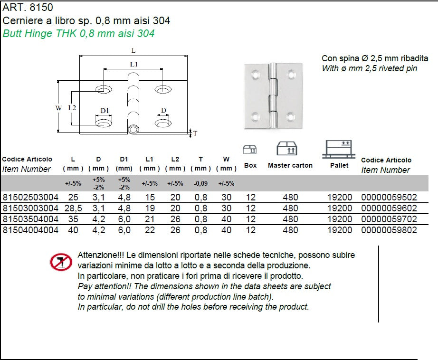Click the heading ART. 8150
(28, 8)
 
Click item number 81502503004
(30, 196)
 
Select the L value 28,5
(73, 208)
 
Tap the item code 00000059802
(389, 230)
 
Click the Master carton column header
(290, 165)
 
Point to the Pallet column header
(339, 165)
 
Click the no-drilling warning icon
(61, 262)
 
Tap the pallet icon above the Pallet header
(339, 149)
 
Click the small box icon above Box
(250, 150)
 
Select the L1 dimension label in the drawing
(133, 64)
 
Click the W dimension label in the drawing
(58, 108)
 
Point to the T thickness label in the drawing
(195, 133)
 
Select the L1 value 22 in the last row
(149, 230)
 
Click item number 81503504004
(30, 219)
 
